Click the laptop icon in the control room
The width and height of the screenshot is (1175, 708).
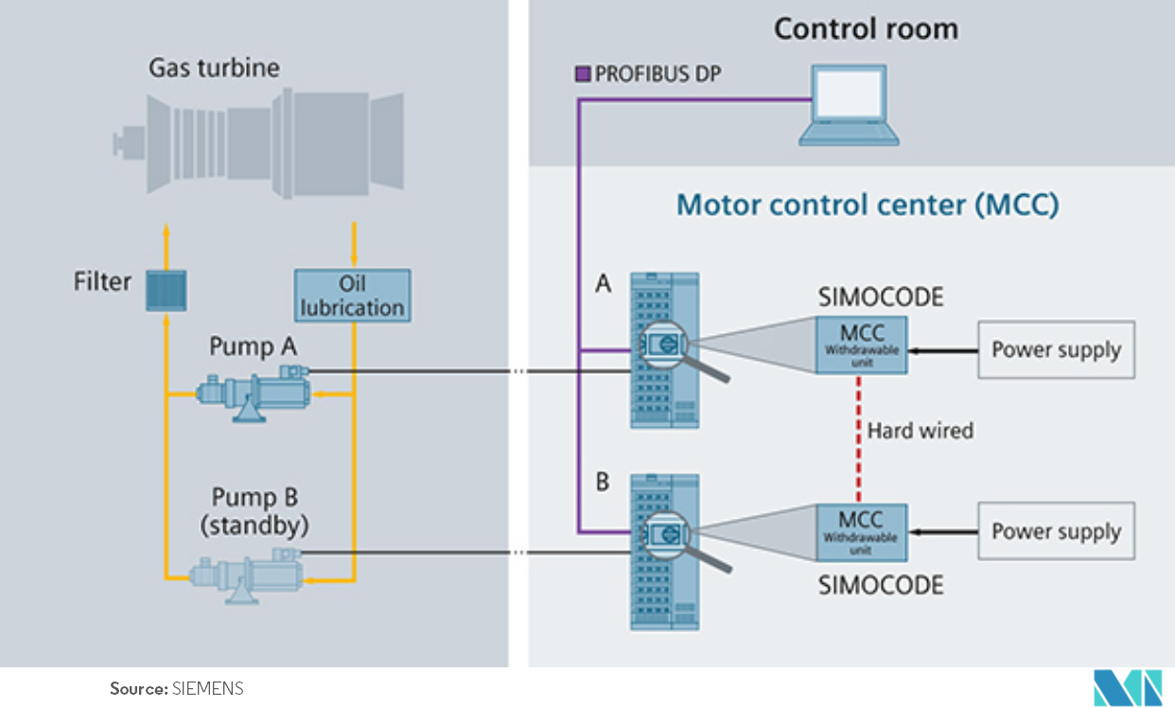point(849,105)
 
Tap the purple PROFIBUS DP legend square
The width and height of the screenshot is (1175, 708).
point(584,73)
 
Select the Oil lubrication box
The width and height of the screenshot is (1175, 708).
point(352,295)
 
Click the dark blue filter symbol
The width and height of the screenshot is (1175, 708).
point(166,290)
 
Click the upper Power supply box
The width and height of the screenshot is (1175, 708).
point(1055,350)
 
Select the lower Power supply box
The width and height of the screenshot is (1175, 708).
point(1055,532)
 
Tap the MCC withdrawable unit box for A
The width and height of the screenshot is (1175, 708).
point(861,345)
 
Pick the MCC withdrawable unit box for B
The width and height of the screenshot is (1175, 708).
point(861,531)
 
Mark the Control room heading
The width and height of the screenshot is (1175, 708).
point(866,28)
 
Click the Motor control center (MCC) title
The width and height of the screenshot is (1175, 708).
point(868,204)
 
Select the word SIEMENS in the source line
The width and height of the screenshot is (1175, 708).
point(208,688)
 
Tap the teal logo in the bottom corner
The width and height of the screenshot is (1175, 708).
point(1127,687)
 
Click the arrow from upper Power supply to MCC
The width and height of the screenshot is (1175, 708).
point(942,350)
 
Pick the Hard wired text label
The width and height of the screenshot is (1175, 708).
point(921,431)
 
